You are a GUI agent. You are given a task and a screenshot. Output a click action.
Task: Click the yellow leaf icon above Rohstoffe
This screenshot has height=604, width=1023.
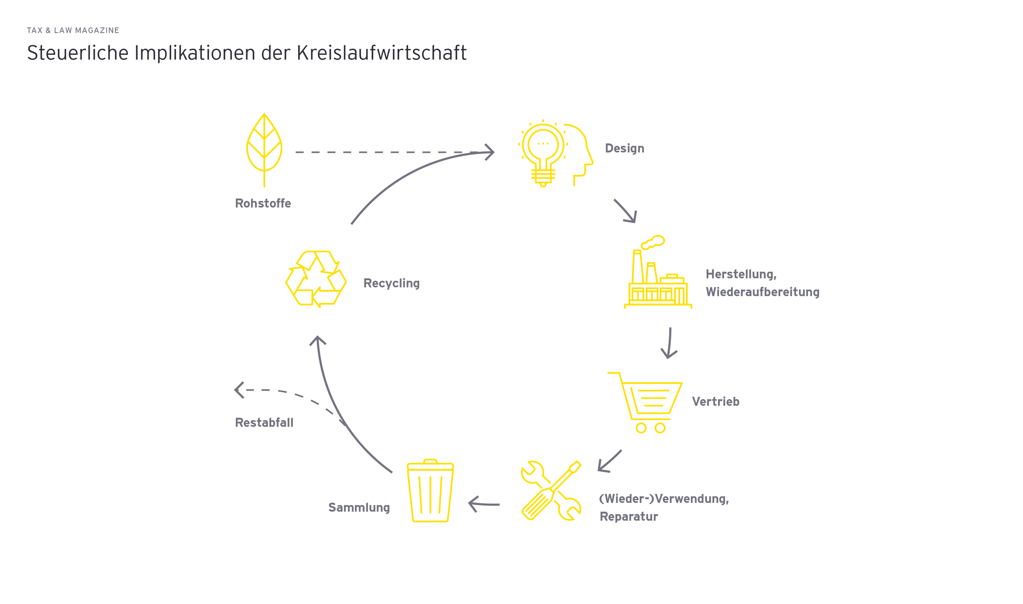(x=264, y=147)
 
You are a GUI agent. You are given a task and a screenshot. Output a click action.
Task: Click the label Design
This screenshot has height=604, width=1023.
(x=624, y=148)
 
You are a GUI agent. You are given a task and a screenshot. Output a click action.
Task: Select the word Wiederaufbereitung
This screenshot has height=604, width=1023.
(x=762, y=292)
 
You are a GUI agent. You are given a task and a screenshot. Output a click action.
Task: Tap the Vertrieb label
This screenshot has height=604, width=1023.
(x=715, y=402)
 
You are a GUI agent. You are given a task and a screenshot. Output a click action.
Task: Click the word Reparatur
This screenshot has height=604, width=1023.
(x=629, y=517)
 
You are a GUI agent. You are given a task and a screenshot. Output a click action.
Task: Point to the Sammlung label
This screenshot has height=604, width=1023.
(x=359, y=507)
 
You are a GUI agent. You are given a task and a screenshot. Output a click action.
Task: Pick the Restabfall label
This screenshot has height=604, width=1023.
(x=264, y=423)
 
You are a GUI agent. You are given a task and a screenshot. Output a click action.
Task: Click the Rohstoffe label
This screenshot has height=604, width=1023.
(x=263, y=204)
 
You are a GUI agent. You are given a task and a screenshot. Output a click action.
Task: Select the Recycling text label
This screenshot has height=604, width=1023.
(x=391, y=283)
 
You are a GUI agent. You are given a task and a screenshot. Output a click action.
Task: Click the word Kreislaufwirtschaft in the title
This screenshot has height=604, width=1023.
(x=381, y=53)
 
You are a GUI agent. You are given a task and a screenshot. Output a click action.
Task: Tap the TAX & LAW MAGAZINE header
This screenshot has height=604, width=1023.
(x=73, y=31)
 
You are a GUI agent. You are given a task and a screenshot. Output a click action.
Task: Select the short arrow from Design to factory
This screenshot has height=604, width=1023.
(x=626, y=211)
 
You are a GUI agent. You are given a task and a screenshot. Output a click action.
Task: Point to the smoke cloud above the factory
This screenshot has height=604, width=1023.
(x=653, y=242)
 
